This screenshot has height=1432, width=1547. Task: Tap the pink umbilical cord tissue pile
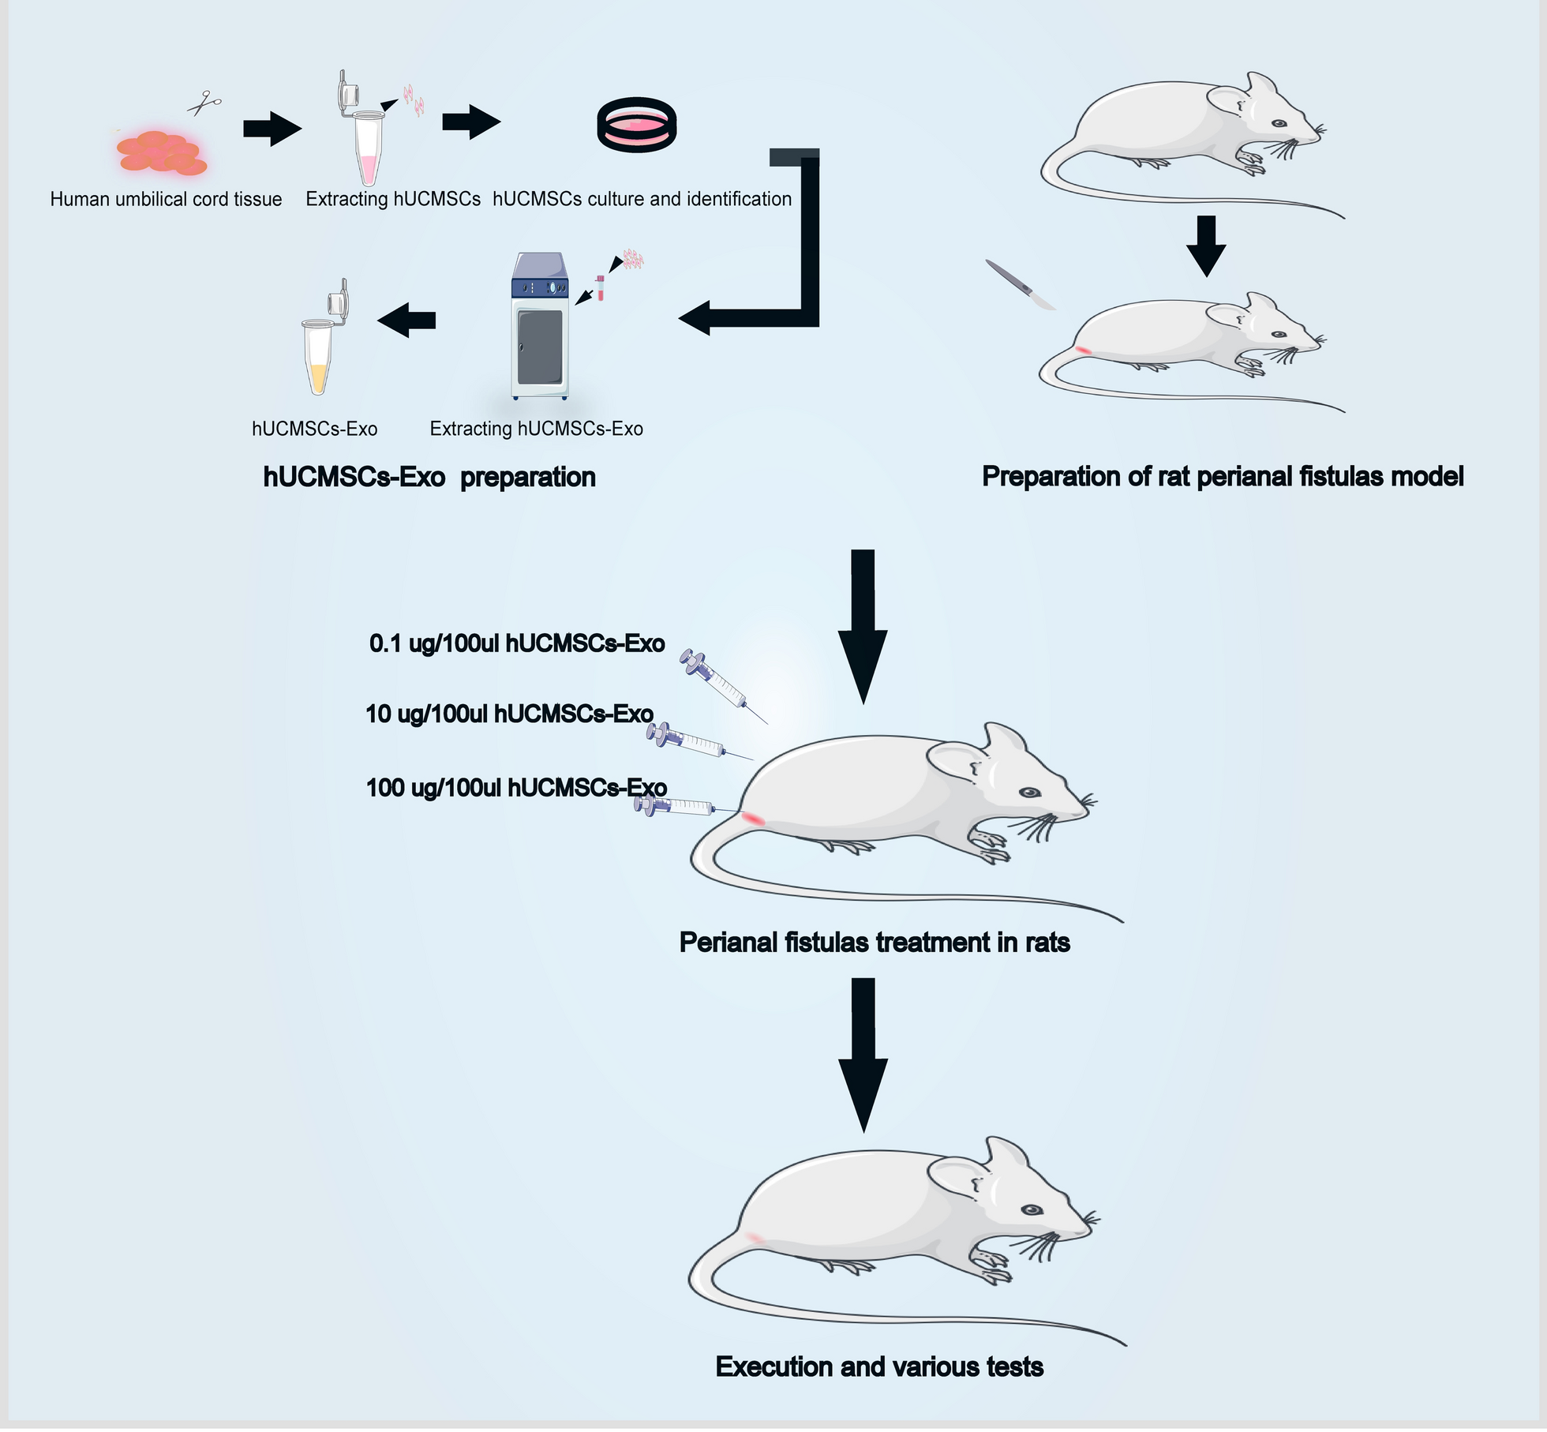tap(162, 152)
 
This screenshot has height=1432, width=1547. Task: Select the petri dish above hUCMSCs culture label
tap(636, 125)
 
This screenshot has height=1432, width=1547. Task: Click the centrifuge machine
tap(540, 326)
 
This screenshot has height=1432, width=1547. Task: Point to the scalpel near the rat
tap(1020, 284)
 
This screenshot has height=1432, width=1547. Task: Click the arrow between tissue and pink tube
tap(272, 128)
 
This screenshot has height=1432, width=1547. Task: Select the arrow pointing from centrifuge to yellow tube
tap(406, 320)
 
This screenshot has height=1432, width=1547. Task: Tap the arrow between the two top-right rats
tap(1205, 246)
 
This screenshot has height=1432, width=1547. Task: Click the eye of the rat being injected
tap(1029, 793)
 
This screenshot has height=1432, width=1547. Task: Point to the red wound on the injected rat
tap(753, 819)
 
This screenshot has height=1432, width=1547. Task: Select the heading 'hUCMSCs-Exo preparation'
tap(429, 477)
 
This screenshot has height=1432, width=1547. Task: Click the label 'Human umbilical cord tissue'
tap(166, 199)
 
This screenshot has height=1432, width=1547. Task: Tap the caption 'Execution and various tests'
tap(879, 1366)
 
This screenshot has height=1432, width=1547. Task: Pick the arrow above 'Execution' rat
tap(863, 1054)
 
